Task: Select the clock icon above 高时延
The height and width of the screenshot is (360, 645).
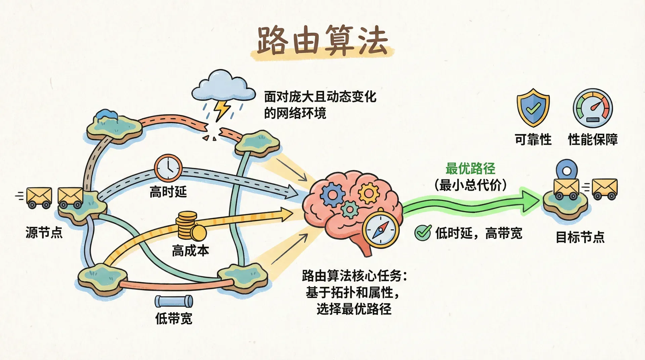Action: click(x=168, y=168)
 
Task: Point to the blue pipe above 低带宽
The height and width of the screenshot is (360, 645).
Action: click(x=174, y=301)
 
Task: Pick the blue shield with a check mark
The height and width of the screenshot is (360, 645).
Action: click(x=533, y=107)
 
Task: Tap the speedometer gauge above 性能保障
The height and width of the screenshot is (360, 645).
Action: click(x=593, y=108)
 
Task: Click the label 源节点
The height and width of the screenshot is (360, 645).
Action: click(x=44, y=232)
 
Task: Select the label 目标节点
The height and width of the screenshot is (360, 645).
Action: click(x=580, y=237)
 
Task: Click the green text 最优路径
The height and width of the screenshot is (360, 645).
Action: click(x=470, y=169)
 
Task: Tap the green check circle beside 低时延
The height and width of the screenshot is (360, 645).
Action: click(x=423, y=232)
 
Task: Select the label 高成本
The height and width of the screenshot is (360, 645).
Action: click(x=190, y=251)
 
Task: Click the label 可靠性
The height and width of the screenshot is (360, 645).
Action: click(x=533, y=139)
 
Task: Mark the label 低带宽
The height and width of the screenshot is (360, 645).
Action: click(x=174, y=318)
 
